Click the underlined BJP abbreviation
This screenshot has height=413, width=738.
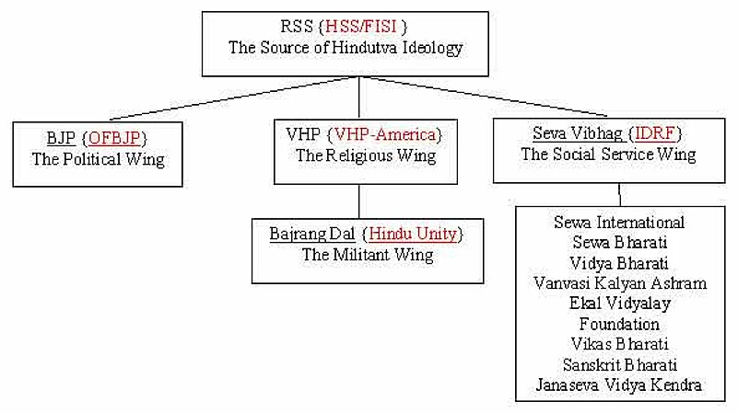[x=61, y=140]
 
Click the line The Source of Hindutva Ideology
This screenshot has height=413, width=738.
[x=359, y=49]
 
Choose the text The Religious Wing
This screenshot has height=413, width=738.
[x=366, y=155]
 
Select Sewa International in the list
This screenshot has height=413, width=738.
[x=619, y=223]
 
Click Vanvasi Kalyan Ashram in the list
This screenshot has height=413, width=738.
[x=620, y=283]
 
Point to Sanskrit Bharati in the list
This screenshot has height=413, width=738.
[x=619, y=364]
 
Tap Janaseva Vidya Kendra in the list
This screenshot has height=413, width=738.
[x=619, y=384]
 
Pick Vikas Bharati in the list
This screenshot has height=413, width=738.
[x=619, y=344]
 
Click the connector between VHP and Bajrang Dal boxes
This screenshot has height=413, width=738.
[x=358, y=201]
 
